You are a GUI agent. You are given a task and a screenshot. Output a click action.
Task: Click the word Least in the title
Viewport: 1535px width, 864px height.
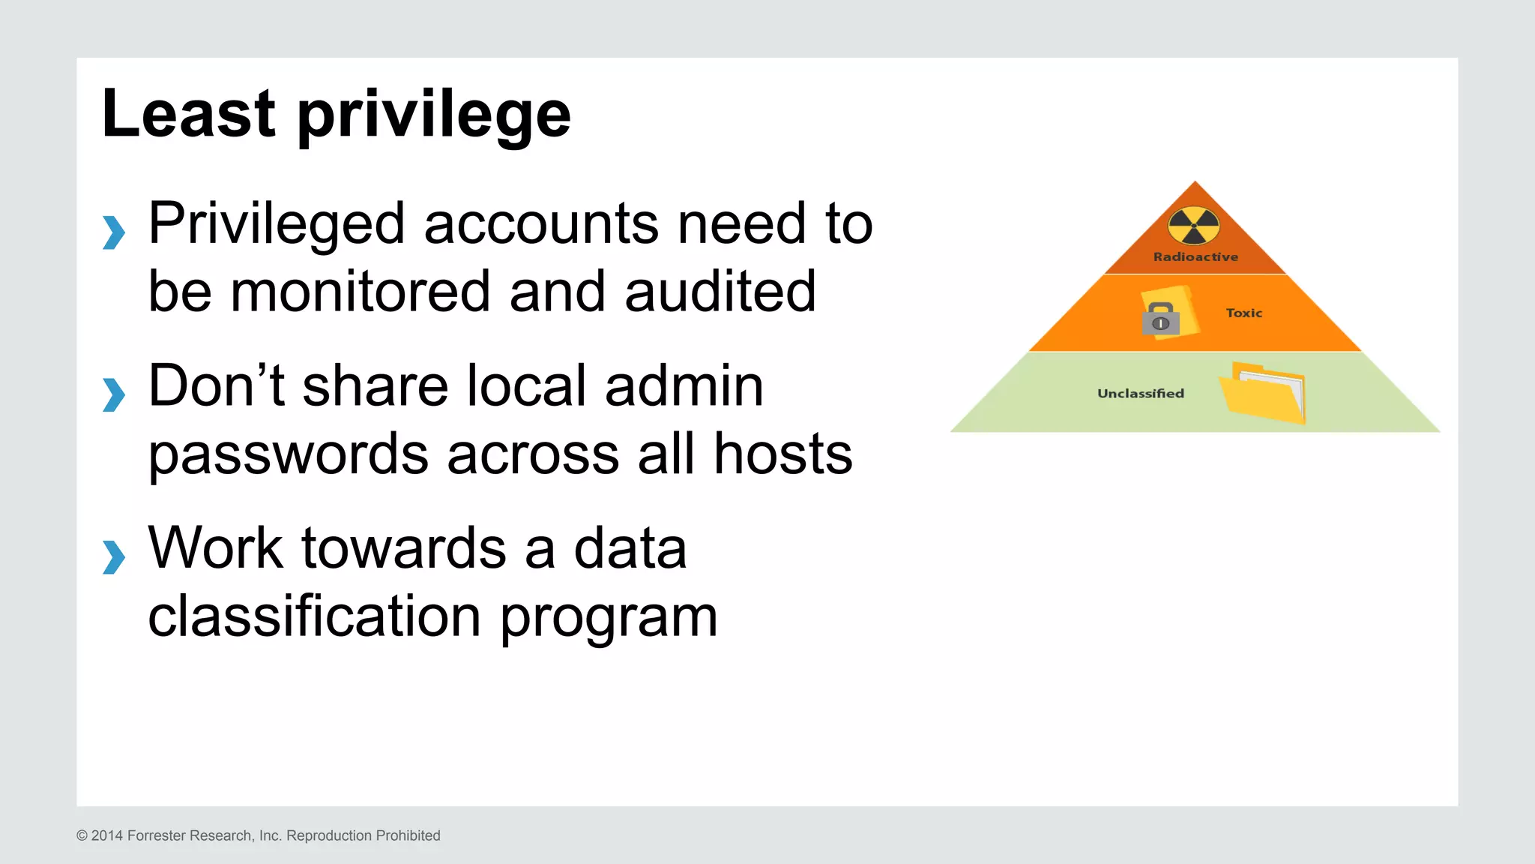click(188, 113)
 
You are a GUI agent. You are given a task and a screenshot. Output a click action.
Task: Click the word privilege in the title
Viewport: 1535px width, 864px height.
click(434, 116)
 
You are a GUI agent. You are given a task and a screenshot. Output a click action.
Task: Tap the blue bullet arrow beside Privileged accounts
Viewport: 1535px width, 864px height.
click(114, 232)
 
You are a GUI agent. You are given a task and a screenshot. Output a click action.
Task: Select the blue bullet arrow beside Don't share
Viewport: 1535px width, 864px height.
click(114, 394)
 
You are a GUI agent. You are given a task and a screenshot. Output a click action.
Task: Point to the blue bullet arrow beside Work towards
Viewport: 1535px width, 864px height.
click(114, 557)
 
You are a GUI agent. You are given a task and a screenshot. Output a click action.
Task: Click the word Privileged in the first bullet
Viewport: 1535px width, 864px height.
click(277, 224)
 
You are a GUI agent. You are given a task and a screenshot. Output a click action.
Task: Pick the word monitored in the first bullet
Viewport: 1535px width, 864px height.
click(360, 292)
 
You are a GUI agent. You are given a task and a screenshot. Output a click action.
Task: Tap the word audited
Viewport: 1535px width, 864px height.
click(720, 292)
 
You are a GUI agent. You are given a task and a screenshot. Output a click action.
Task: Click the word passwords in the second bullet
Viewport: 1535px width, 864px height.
click(289, 454)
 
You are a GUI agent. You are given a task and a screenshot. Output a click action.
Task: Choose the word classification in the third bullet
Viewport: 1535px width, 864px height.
click(314, 616)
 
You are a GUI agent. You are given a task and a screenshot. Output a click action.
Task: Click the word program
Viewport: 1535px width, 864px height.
click(609, 619)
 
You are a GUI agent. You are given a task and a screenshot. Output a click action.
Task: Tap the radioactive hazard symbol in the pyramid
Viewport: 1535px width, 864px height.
click(1194, 226)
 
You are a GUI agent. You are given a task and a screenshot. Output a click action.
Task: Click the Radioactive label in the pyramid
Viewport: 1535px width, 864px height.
click(1195, 257)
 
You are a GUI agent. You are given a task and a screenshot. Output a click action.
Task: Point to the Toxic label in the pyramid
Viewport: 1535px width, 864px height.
click(1244, 313)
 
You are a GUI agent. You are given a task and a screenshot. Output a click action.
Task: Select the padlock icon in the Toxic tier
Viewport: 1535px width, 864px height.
click(1161, 319)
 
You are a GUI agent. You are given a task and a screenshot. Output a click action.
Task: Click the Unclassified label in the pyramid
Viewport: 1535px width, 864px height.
click(1141, 394)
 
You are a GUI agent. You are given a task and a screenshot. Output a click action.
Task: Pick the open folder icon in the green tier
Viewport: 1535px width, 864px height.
click(1264, 392)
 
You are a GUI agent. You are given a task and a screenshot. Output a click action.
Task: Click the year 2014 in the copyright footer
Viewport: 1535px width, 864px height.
click(107, 835)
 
